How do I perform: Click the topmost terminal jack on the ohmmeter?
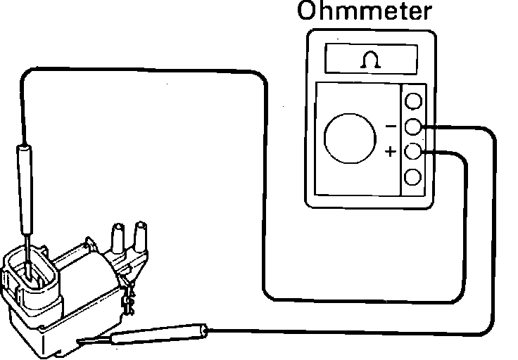click(x=414, y=101)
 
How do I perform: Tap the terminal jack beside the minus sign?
click(x=414, y=127)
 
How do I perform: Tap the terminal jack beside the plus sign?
click(x=414, y=151)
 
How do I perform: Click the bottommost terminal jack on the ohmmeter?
click(x=414, y=176)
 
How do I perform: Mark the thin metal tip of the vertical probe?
click(x=26, y=250)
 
